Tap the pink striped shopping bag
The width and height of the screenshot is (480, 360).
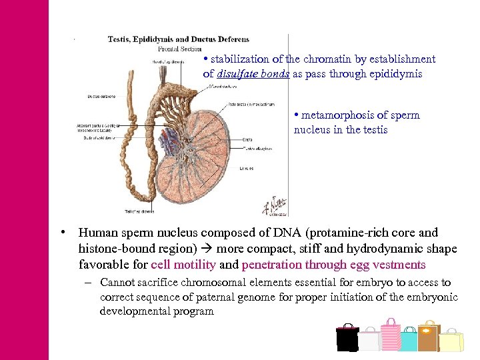tap(391, 335)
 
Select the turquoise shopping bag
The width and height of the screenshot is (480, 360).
tap(408, 341)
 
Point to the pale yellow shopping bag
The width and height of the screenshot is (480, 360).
tap(451, 340)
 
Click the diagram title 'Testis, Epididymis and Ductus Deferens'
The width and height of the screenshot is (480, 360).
tap(179, 39)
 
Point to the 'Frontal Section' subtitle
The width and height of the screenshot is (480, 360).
tap(180, 49)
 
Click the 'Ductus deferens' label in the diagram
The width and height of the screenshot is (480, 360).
tap(101, 97)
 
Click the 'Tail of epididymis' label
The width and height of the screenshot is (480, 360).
tap(139, 211)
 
